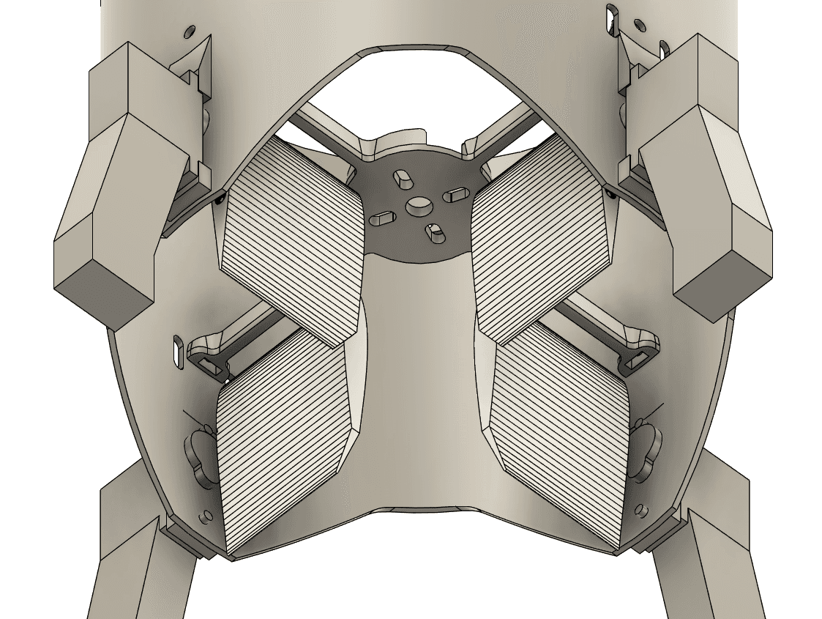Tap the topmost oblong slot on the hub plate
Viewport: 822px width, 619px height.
(x=402, y=178)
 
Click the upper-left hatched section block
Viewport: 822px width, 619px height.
(x=293, y=242)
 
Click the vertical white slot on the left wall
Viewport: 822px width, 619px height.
(x=178, y=349)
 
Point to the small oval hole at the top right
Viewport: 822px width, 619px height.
(x=639, y=26)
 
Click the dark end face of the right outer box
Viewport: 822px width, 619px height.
(x=722, y=286)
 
